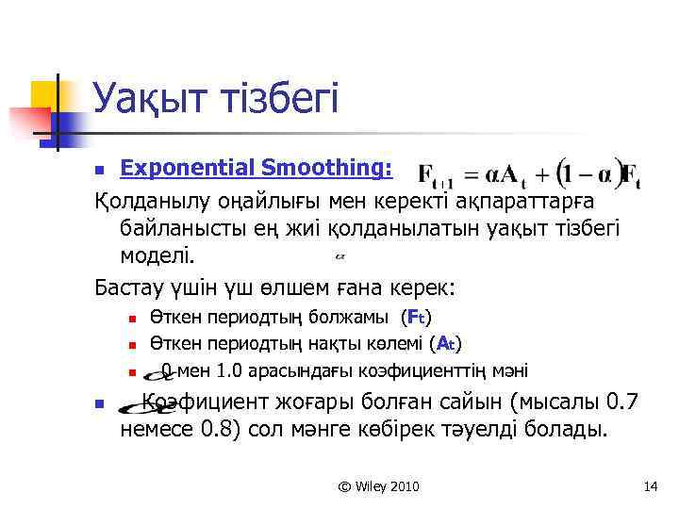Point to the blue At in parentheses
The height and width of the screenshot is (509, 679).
(x=447, y=343)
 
